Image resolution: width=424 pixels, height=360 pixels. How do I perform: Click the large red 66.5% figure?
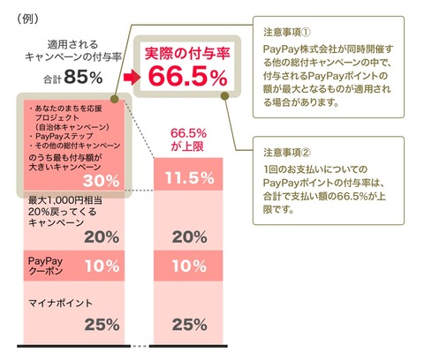(188, 77)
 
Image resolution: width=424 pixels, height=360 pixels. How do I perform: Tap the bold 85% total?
(83, 77)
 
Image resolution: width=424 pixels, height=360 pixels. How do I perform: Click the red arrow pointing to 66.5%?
(132, 77)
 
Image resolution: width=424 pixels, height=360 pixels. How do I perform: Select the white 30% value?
(101, 181)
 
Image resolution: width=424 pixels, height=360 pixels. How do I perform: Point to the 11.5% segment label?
(190, 177)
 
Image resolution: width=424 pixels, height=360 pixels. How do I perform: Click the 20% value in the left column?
(102, 237)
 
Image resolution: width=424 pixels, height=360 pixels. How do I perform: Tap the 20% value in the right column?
(189, 237)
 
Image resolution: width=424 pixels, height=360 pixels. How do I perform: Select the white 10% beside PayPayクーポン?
(102, 266)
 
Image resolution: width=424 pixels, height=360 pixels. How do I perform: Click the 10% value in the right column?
(189, 266)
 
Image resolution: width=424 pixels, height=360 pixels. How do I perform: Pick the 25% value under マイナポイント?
(102, 325)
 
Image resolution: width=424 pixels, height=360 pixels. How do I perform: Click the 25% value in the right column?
(189, 325)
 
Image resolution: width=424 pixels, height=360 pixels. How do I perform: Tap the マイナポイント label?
(60, 303)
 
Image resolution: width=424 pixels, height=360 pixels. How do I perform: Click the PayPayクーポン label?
(45, 266)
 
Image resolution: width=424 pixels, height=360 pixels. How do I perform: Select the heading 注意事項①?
(287, 32)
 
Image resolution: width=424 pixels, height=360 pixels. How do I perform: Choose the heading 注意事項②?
(287, 153)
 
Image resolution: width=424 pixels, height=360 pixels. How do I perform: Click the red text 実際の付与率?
(187, 53)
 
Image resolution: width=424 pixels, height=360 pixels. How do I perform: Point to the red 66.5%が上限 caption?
(188, 139)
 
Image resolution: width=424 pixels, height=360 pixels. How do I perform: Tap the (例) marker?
(27, 19)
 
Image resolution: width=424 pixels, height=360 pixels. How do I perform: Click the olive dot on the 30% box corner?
(115, 99)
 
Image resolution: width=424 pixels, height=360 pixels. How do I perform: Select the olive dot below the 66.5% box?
(224, 96)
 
